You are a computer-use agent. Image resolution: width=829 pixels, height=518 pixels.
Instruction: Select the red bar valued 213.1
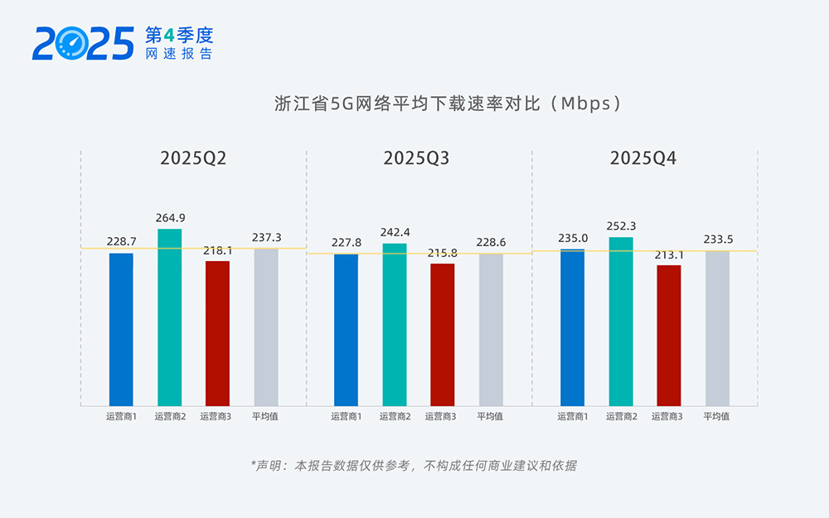coord(668,336)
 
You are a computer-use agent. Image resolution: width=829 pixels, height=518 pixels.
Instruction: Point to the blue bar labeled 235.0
coord(572,327)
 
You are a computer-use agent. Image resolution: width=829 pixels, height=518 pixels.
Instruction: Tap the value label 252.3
coord(621,226)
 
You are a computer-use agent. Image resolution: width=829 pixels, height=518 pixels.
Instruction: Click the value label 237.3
coord(266,237)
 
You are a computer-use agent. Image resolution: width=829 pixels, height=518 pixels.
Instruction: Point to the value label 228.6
coord(491,242)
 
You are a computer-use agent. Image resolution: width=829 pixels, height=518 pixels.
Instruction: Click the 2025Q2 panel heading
coord(193,158)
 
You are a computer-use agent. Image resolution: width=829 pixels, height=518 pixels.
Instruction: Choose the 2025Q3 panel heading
coord(416,158)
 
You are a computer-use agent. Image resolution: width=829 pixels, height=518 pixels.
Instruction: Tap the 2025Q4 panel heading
coord(643,158)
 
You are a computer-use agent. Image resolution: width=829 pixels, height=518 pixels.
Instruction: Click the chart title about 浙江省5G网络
coord(448,104)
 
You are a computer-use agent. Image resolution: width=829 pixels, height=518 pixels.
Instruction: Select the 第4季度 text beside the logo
coord(179,35)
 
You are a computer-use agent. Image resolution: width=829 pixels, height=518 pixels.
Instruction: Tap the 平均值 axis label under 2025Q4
coord(716,417)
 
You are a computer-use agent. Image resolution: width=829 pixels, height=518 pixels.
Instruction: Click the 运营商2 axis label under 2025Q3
coord(395,417)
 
